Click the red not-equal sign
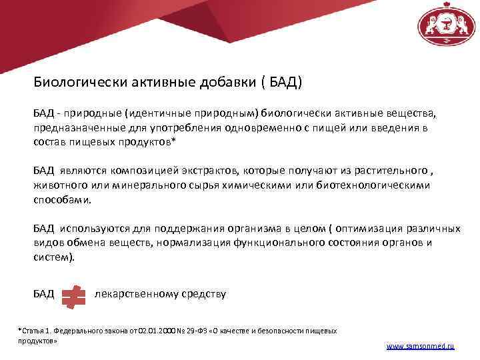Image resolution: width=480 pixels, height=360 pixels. [73, 295]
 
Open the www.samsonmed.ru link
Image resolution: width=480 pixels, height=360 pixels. [419, 347]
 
